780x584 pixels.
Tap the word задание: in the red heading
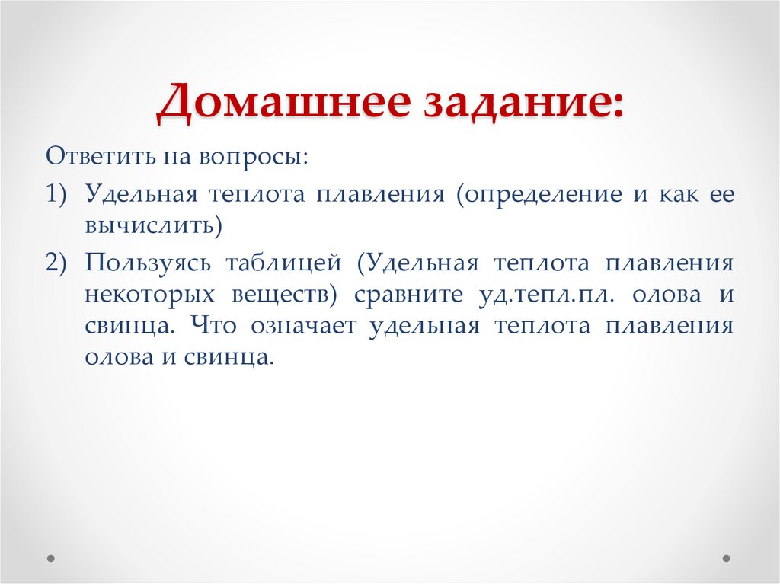519,102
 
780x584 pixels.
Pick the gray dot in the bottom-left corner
51,557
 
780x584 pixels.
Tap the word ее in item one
721,193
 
